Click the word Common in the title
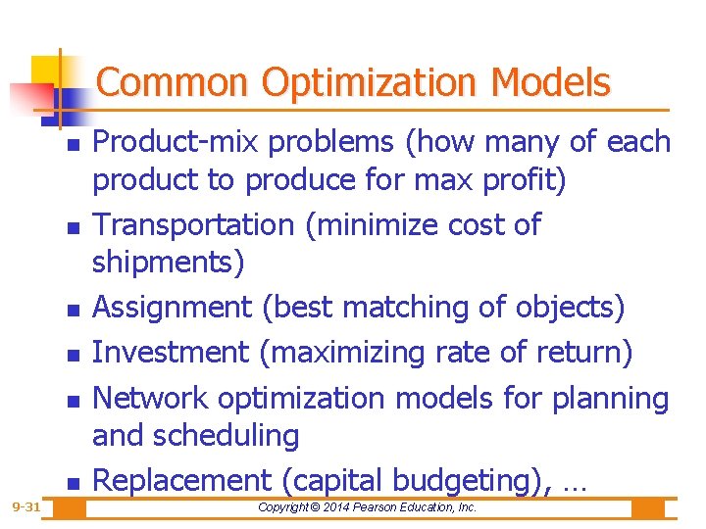[x=173, y=82]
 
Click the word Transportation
[x=192, y=224]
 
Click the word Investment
[x=172, y=351]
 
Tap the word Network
[x=150, y=398]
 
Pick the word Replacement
[x=181, y=480]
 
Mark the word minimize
[x=378, y=224]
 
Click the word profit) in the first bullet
[x=530, y=181]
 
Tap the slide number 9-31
[x=26, y=507]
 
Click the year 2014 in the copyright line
[x=343, y=507]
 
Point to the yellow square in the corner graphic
[x=46, y=70]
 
